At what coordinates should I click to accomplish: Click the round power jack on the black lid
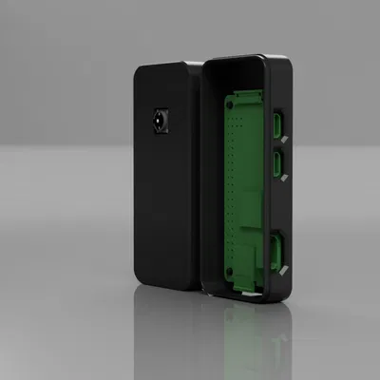pyautogui.click(x=160, y=122)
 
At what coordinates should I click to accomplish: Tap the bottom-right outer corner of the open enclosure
pyautogui.click(x=283, y=301)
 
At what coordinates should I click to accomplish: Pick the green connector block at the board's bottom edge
pyautogui.click(x=245, y=271)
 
